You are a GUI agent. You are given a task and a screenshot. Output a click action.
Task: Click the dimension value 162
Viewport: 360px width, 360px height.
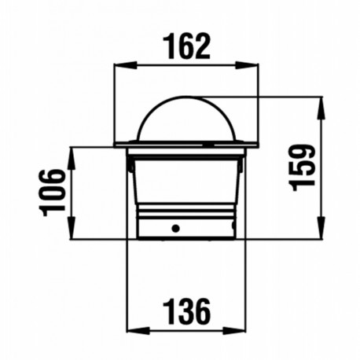pos(187,46)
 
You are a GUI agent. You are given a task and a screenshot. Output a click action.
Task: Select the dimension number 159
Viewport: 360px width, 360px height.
pos(301,165)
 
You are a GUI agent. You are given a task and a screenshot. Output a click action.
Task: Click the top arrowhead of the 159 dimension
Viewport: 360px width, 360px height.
pos(322,100)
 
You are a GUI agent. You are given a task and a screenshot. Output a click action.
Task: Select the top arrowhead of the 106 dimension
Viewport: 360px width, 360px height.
pos(73,150)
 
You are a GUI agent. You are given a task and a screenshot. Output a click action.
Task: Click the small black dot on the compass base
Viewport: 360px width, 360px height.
pos(176,229)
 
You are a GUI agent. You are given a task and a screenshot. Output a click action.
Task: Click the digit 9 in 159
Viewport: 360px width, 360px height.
pos(301,150)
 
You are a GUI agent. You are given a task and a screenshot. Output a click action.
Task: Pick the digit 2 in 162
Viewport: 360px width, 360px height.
pos(204,46)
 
